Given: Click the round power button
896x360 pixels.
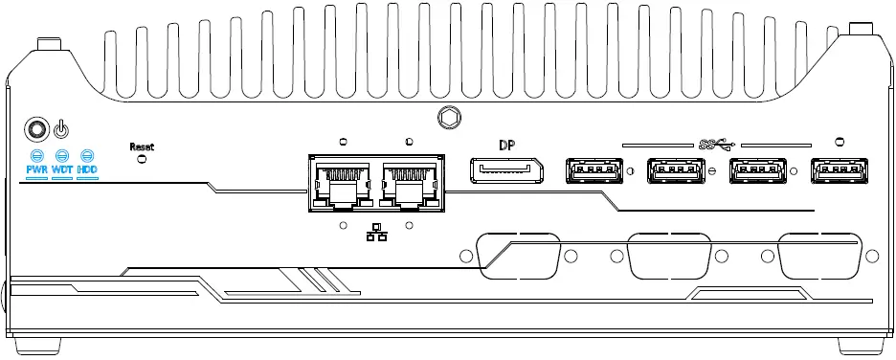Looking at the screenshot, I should pos(36,128).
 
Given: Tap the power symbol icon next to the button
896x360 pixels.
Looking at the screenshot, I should pos(61,128).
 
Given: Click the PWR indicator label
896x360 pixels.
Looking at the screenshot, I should pos(36,170).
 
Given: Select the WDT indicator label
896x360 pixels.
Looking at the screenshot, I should pos(62,170).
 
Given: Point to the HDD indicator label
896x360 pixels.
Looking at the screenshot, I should pos(87,170).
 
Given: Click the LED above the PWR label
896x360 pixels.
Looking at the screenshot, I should pos(36,154).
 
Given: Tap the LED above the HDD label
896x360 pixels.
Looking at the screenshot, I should pos(87,154).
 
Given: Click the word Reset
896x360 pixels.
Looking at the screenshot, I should pos(142,146).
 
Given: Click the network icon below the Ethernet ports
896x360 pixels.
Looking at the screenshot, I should pos(375,232).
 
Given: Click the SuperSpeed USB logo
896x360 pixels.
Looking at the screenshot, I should pos(717,145).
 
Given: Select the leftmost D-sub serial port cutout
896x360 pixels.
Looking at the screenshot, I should pos(518,255).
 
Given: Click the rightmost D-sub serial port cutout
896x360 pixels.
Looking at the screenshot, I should pos(821,255).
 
